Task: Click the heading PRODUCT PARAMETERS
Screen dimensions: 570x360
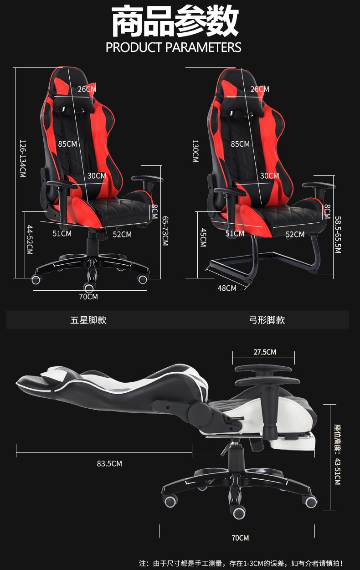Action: pyautogui.click(x=173, y=47)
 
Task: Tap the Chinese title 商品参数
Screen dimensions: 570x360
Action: pyautogui.click(x=175, y=22)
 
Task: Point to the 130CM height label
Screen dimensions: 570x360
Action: pyautogui.click(x=195, y=151)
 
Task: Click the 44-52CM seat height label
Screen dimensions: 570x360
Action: pyautogui.click(x=30, y=240)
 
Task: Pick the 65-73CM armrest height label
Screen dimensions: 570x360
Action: pyautogui.click(x=165, y=231)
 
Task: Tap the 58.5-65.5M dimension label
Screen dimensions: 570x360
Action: pyautogui.click(x=338, y=235)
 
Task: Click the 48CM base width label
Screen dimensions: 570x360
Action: pyautogui.click(x=227, y=288)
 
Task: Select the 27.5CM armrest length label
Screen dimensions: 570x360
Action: pyautogui.click(x=265, y=352)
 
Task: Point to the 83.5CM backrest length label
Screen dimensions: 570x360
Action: pyautogui.click(x=109, y=464)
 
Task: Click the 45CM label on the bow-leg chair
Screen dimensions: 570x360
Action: pyautogui.click(x=203, y=238)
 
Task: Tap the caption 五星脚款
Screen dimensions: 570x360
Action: pyautogui.click(x=88, y=320)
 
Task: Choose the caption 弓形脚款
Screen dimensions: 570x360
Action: pyautogui.click(x=267, y=320)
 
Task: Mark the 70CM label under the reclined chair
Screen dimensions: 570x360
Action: pyautogui.click(x=240, y=538)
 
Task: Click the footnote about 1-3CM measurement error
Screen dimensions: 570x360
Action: pyautogui.click(x=241, y=564)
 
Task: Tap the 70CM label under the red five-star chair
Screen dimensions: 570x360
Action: pyautogui.click(x=88, y=297)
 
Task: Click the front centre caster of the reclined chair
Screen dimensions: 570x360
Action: pyautogui.click(x=239, y=513)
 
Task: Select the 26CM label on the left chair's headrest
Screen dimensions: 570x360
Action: pyautogui.click(x=87, y=89)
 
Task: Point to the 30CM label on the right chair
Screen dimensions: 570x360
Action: pyautogui.click(x=269, y=175)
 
